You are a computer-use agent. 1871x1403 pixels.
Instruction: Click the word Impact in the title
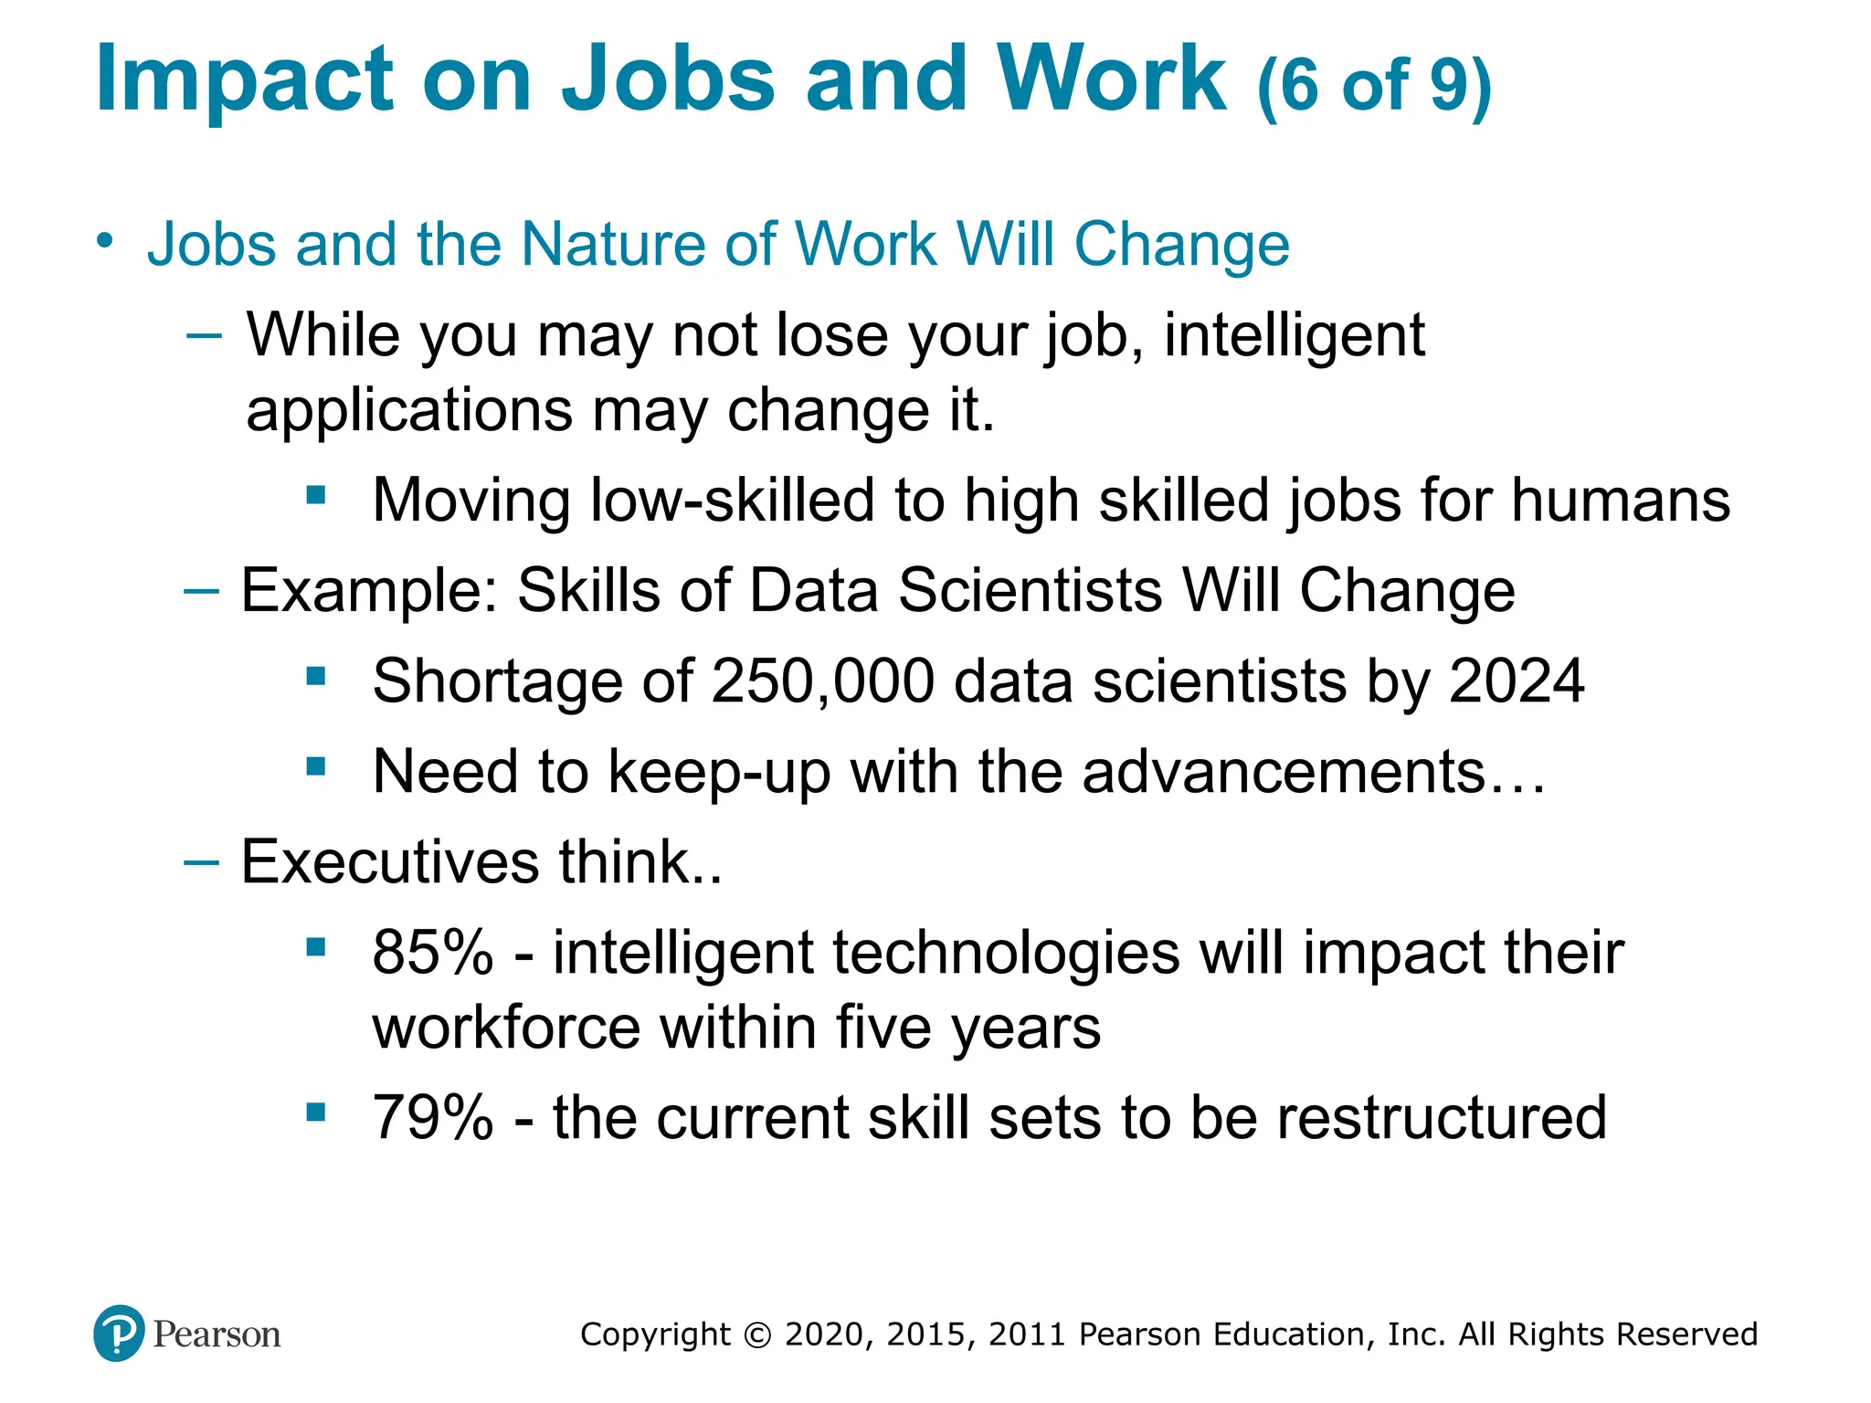[x=245, y=80]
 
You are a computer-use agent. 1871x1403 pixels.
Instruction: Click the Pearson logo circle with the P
[x=119, y=1333]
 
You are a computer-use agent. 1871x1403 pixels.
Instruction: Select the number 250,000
[x=822, y=681]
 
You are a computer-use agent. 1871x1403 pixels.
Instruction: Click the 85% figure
[x=432, y=953]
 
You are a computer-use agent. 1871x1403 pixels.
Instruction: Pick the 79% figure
[x=432, y=1117]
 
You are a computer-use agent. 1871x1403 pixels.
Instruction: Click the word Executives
[x=390, y=861]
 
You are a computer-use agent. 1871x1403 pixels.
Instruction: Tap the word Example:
[x=369, y=590]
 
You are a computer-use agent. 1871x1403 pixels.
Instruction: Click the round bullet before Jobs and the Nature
[x=106, y=241]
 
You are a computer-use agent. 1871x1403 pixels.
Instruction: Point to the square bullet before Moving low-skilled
[x=316, y=496]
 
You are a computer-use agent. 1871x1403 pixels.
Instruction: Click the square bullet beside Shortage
[x=316, y=677]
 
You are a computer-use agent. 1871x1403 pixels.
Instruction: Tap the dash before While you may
[x=203, y=335]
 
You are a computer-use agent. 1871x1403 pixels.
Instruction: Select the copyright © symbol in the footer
[x=757, y=1334]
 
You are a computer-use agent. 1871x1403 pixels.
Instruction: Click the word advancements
[x=1284, y=772]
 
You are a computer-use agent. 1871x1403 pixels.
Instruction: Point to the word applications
[x=409, y=411]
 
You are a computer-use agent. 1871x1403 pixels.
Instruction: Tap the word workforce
[x=506, y=1028]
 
